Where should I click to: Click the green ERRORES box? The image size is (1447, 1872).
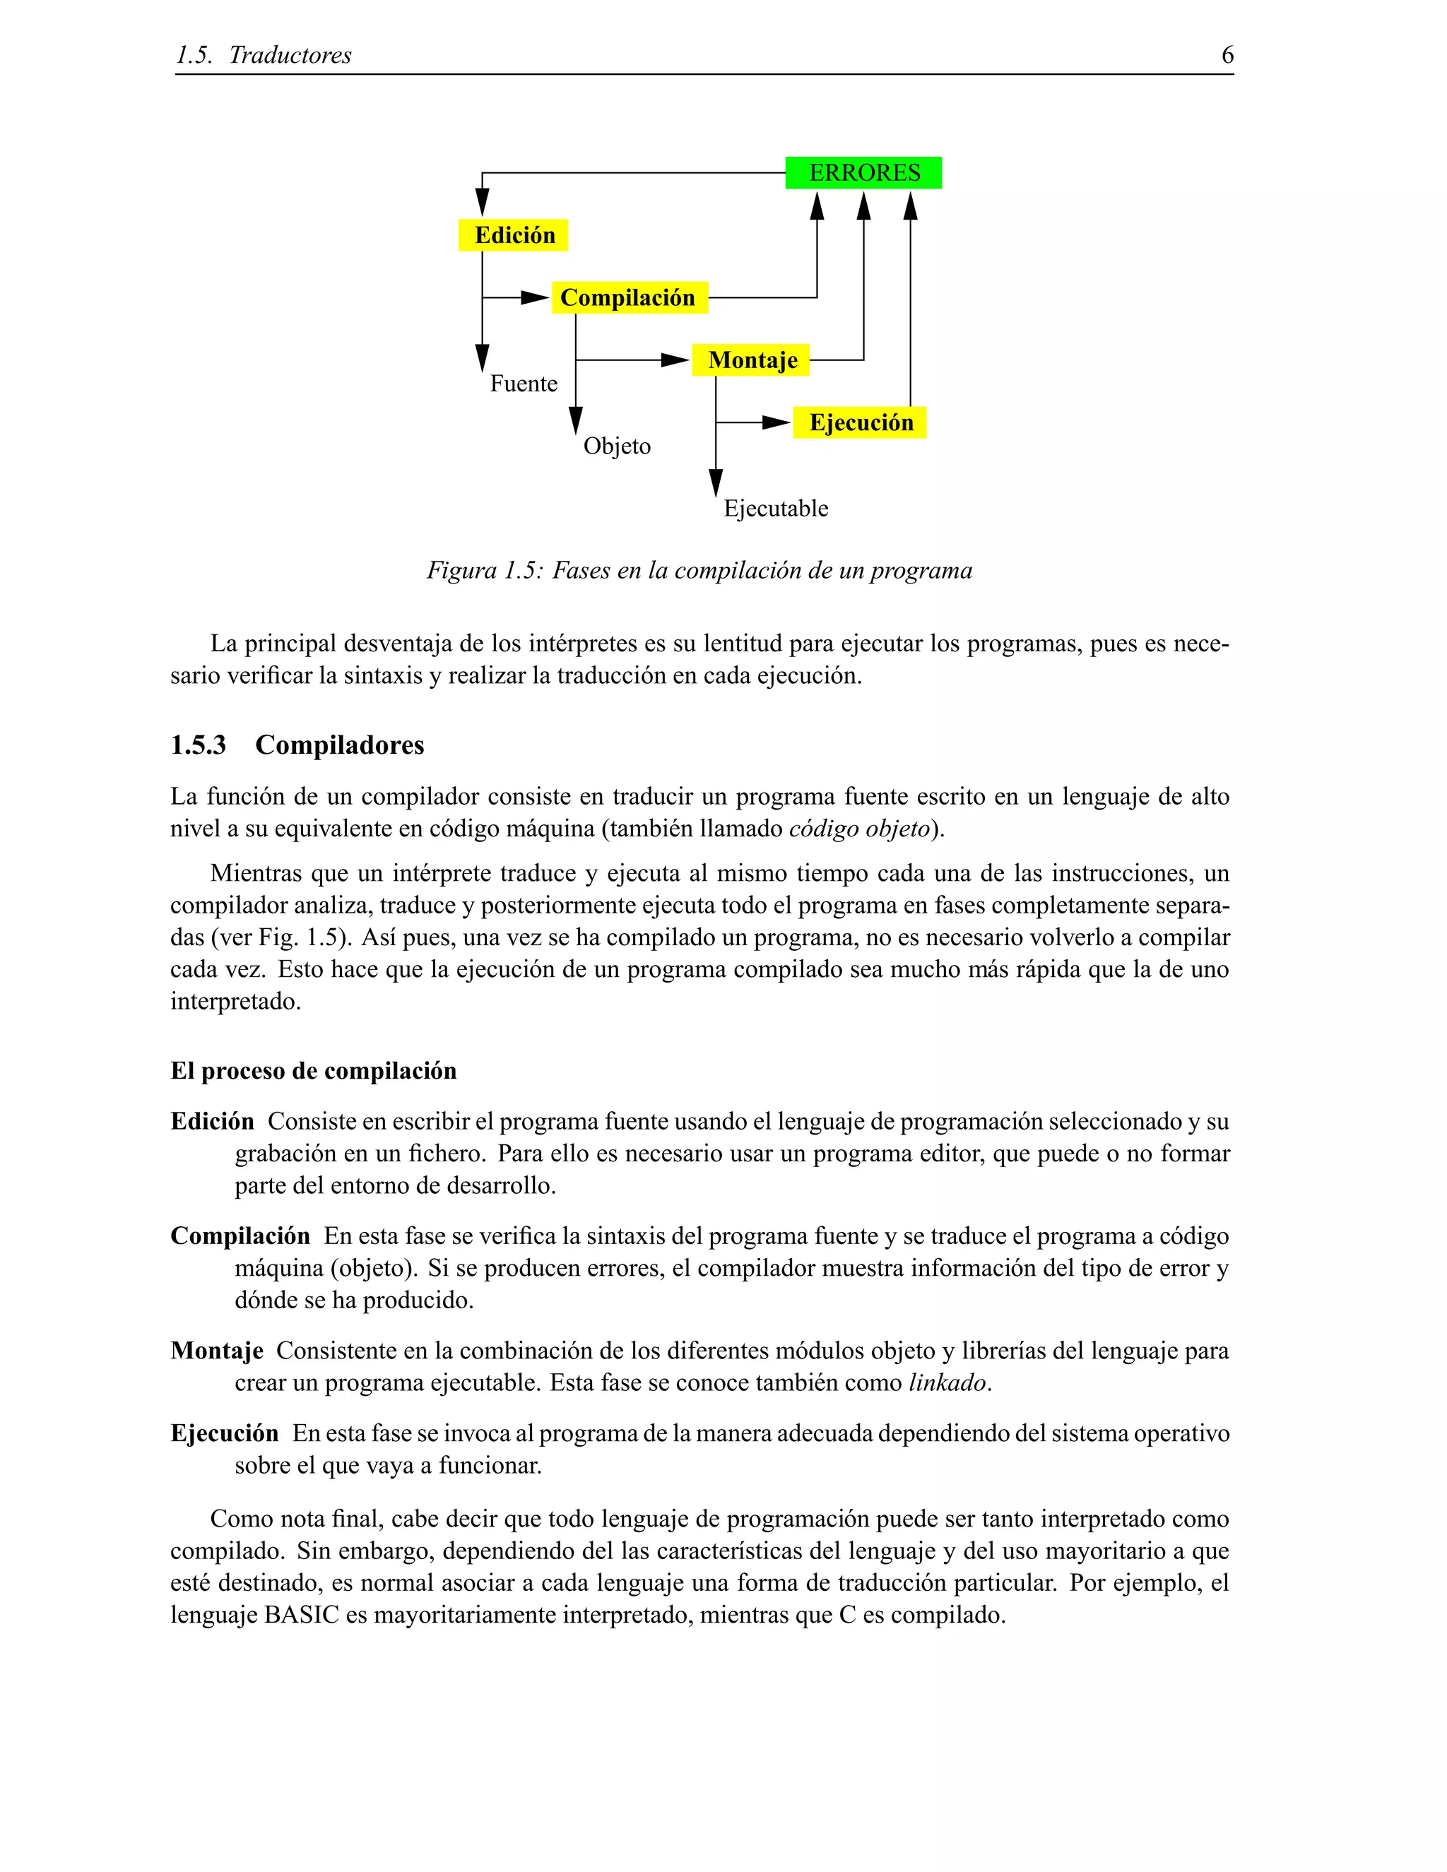click(x=863, y=172)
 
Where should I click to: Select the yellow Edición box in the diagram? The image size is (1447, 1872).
click(x=513, y=235)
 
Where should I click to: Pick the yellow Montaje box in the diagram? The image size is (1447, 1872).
click(x=751, y=360)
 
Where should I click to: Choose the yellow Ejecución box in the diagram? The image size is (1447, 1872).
click(x=860, y=422)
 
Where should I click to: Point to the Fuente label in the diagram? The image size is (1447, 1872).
click(x=523, y=383)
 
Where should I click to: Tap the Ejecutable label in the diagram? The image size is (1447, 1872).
click(x=776, y=509)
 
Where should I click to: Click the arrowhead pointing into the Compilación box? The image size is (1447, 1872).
click(x=535, y=297)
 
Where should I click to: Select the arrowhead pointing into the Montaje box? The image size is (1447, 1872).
click(x=675, y=360)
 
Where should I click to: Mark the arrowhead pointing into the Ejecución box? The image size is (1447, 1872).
click(x=776, y=422)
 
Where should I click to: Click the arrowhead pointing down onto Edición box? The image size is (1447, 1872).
click(x=483, y=203)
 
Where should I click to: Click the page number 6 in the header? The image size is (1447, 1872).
click(x=1227, y=55)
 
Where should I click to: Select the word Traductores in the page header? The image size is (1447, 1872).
click(x=290, y=55)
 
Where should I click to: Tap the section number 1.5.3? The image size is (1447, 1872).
click(x=198, y=745)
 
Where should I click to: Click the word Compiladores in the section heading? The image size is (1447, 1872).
click(x=339, y=745)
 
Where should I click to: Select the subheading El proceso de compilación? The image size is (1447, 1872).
click(x=313, y=1070)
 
